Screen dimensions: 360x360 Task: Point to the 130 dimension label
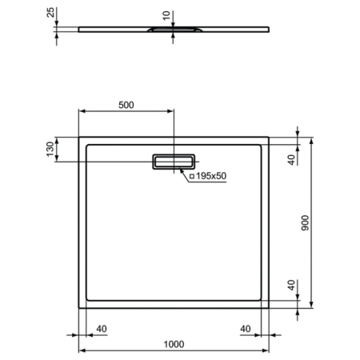[x=50, y=150]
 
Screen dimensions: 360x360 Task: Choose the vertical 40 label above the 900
[x=292, y=157]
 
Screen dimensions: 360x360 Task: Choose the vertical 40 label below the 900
[x=292, y=286]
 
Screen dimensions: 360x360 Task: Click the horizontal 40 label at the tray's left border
[x=102, y=328]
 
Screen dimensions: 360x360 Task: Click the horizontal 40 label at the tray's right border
[x=244, y=328]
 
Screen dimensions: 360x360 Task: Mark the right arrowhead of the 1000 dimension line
[x=267, y=351]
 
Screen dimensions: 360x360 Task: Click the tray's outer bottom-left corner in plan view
[x=78, y=309]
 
